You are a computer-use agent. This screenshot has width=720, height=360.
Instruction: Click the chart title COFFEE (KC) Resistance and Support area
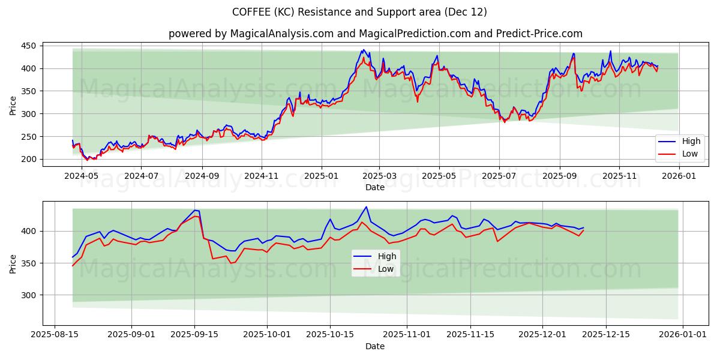click(x=359, y=12)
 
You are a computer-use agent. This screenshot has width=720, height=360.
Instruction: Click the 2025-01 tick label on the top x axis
click(x=322, y=176)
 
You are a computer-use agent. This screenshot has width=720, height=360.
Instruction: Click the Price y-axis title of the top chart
click(x=13, y=106)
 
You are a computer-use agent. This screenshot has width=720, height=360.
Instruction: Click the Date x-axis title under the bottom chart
click(x=375, y=346)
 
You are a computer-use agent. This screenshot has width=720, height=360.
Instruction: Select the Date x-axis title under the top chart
click(x=375, y=187)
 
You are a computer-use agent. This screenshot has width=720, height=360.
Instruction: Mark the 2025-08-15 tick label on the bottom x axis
click(x=55, y=335)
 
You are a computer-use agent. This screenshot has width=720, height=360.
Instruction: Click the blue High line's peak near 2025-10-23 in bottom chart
click(x=366, y=207)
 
